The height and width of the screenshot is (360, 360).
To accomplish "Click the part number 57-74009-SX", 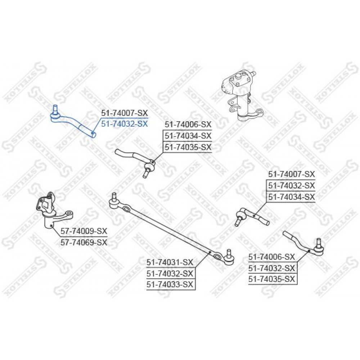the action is [84, 231].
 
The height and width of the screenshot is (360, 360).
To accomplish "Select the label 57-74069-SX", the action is [84, 242].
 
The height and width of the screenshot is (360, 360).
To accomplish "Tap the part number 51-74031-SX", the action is [170, 262].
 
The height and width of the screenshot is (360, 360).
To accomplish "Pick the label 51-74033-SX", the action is [170, 285].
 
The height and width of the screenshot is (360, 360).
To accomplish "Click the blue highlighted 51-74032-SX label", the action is [125, 124].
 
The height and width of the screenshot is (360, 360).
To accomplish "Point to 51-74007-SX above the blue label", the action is [125, 113].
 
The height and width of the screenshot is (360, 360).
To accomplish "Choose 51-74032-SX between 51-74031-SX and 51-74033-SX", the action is [170, 274].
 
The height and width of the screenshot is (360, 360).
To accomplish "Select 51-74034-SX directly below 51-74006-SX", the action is [188, 136].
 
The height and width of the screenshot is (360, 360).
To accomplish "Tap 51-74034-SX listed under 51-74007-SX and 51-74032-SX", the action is [292, 197].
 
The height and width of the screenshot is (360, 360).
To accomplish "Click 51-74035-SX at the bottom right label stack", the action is [271, 279].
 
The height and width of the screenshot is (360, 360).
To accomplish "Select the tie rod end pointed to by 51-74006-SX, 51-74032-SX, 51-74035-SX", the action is [303, 243].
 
